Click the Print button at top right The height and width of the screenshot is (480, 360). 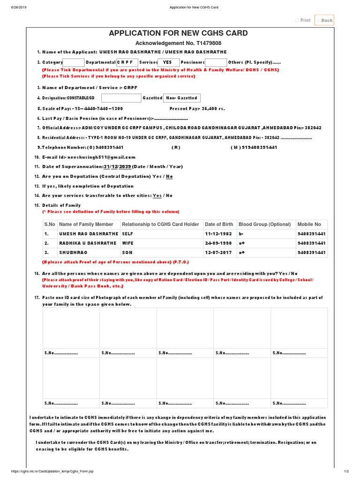[x=303, y=20]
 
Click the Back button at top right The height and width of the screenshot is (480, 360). [x=324, y=20]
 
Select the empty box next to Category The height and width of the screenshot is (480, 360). [x=74, y=62]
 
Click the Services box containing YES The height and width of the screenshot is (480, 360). [x=167, y=62]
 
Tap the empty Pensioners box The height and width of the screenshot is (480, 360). [x=216, y=62]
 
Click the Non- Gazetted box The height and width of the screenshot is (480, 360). [x=181, y=98]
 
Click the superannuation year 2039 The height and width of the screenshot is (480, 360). [x=125, y=166]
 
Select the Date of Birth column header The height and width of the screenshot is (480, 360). [x=219, y=225]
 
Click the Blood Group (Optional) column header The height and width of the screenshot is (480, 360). [x=264, y=225]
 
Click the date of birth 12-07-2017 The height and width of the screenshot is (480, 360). [x=218, y=253]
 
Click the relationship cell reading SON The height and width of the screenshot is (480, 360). [x=127, y=253]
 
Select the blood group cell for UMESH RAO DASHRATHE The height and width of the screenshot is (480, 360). [x=242, y=233]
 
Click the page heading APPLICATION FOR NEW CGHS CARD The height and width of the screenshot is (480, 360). [x=178, y=33]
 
